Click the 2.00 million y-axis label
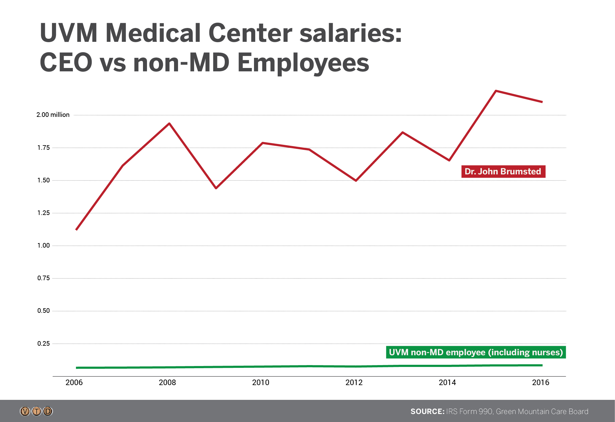coord(53,115)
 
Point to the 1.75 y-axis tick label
coord(43,148)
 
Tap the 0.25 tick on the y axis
coord(43,344)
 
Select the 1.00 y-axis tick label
coord(43,245)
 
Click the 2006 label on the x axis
coord(74,382)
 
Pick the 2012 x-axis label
coord(354,382)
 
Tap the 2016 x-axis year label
coord(541,382)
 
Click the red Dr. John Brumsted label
coord(503,171)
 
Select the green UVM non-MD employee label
coord(476,352)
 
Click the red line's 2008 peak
coord(169,124)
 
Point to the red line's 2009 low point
coord(216,188)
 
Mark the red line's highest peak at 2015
coord(496,91)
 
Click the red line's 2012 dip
coord(356,181)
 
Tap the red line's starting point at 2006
coord(76,230)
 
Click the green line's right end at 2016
coord(542,365)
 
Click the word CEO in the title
coord(66,62)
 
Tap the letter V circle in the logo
coord(25,411)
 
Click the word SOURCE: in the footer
coord(427,412)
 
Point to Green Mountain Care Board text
coord(542,412)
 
